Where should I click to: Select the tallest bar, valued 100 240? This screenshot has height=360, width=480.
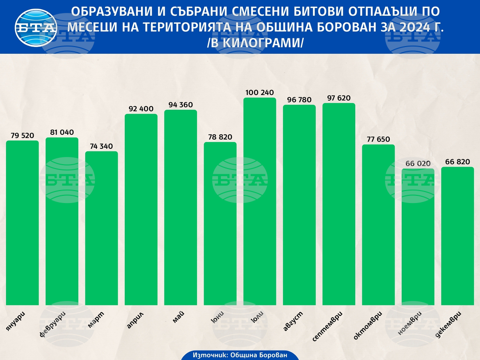260,201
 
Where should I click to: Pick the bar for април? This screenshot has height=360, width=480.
141,209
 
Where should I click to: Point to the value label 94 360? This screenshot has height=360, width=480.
180,104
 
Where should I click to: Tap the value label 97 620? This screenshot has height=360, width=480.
338,98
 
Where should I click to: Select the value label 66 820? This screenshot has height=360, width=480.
457,161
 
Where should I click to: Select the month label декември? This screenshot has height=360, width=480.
452,324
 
